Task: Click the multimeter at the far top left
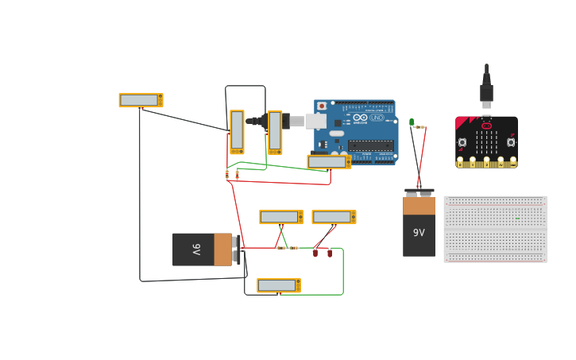point(141,100)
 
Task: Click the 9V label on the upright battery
point(419,233)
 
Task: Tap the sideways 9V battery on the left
point(203,250)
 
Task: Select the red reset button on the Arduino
point(322,106)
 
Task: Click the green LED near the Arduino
point(412,122)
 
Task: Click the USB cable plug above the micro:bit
point(486,91)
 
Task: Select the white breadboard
point(496,229)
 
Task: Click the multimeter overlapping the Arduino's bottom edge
point(329,162)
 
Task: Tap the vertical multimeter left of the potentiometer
point(237,132)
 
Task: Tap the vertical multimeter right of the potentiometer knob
point(275,132)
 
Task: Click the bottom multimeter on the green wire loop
point(278,285)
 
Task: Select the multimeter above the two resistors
point(281,217)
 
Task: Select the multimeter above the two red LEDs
point(334,217)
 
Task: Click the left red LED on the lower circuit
point(315,253)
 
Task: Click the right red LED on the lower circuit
point(330,253)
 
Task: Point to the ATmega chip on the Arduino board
point(370,145)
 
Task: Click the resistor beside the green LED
point(420,127)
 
